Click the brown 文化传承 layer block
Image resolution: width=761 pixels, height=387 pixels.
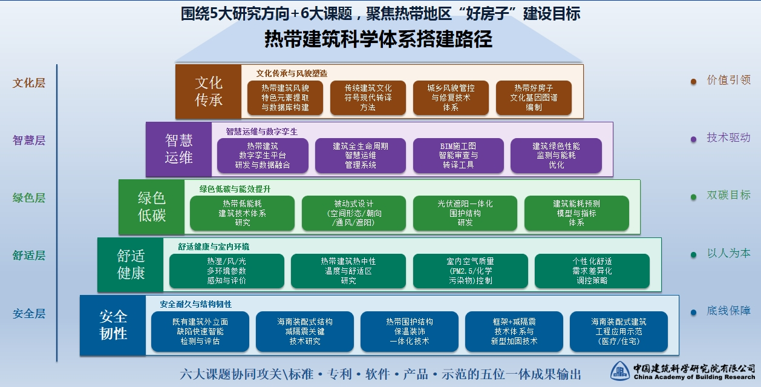click(x=208, y=91)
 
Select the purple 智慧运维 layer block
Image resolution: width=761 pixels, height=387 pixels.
click(x=178, y=150)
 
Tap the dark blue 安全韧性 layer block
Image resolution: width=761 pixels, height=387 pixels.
click(x=113, y=325)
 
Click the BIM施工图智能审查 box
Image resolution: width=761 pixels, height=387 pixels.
click(x=459, y=156)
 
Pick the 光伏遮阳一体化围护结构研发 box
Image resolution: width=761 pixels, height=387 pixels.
click(x=465, y=213)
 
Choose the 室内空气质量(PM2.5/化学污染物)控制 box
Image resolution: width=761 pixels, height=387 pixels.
click(x=471, y=271)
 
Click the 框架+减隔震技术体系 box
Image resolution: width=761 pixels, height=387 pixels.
click(x=514, y=331)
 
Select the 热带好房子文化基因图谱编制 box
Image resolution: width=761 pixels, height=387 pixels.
click(x=534, y=98)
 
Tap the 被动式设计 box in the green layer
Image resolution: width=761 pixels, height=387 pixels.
click(x=354, y=213)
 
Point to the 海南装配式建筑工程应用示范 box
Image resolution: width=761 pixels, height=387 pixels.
click(x=619, y=331)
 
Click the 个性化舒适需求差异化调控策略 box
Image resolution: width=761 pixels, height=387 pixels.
click(x=592, y=271)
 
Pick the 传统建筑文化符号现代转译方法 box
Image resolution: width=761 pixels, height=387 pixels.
click(x=368, y=98)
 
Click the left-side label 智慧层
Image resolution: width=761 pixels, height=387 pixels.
click(x=29, y=140)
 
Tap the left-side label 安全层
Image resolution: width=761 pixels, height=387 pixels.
click(x=29, y=314)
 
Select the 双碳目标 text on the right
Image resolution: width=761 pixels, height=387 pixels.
click(x=729, y=195)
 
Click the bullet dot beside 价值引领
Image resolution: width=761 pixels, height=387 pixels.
click(x=693, y=82)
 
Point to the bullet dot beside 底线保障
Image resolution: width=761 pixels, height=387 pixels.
click(x=693, y=312)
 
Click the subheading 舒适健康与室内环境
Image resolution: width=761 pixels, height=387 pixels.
click(x=214, y=246)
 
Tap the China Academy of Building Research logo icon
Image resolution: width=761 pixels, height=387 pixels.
click(x=620, y=371)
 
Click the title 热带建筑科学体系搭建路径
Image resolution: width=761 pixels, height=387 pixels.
click(x=379, y=39)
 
